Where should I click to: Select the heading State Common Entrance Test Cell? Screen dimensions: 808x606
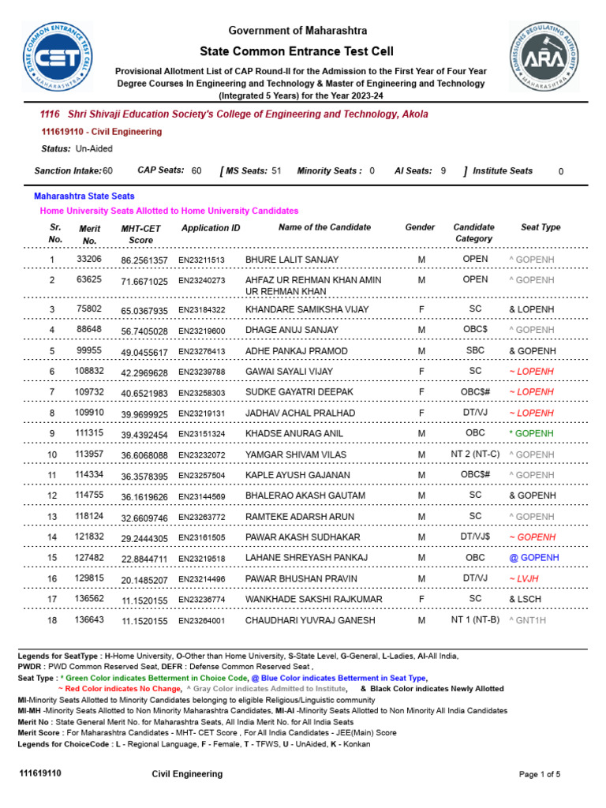[297, 50]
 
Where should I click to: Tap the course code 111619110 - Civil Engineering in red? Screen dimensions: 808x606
[101, 132]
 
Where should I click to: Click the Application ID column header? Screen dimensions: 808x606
[211, 228]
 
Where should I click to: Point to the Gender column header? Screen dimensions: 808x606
[420, 227]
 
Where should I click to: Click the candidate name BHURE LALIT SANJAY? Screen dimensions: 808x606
[292, 260]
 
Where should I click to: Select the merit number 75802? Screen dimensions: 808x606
[88, 309]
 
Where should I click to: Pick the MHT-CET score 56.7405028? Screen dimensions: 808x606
[144, 331]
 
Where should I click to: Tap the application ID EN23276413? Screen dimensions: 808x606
[201, 351]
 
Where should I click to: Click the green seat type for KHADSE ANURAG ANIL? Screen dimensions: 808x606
[532, 433]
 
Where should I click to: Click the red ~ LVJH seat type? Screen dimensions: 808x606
[524, 578]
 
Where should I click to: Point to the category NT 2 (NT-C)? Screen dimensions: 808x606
[475, 454]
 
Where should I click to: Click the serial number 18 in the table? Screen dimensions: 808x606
[52, 620]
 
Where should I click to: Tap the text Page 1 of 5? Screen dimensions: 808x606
[540, 774]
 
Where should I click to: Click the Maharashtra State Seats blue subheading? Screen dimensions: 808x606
[84, 196]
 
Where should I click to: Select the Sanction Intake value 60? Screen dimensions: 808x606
[107, 170]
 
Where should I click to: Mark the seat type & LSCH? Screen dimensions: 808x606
[526, 599]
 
